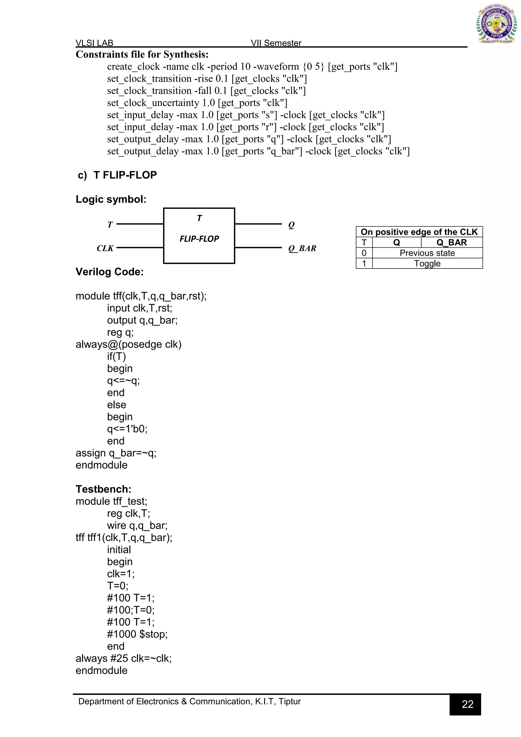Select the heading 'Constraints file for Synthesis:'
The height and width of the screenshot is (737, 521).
pos(142,54)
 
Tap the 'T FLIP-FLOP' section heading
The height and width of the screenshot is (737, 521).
pos(125,175)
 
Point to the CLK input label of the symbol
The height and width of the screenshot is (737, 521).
pos(105,248)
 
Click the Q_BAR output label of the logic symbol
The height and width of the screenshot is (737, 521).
pos(302,248)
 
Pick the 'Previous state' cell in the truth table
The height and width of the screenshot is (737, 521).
pos(427,253)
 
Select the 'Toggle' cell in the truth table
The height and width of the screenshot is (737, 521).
pos(427,264)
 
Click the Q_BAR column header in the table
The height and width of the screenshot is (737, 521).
pos(452,242)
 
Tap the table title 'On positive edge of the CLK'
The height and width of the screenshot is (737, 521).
pos(419,232)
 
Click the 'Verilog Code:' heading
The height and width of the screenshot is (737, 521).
pos(110,272)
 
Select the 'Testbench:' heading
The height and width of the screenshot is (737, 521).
pos(104,489)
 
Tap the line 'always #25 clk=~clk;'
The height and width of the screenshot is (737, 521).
pos(124,658)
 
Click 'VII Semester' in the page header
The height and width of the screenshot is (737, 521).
pos(276,43)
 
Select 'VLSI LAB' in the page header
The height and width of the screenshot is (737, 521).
pos(94,43)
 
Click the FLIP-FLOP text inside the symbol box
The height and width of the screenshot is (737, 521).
pos(199,239)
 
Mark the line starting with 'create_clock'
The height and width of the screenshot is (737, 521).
pos(252,67)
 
